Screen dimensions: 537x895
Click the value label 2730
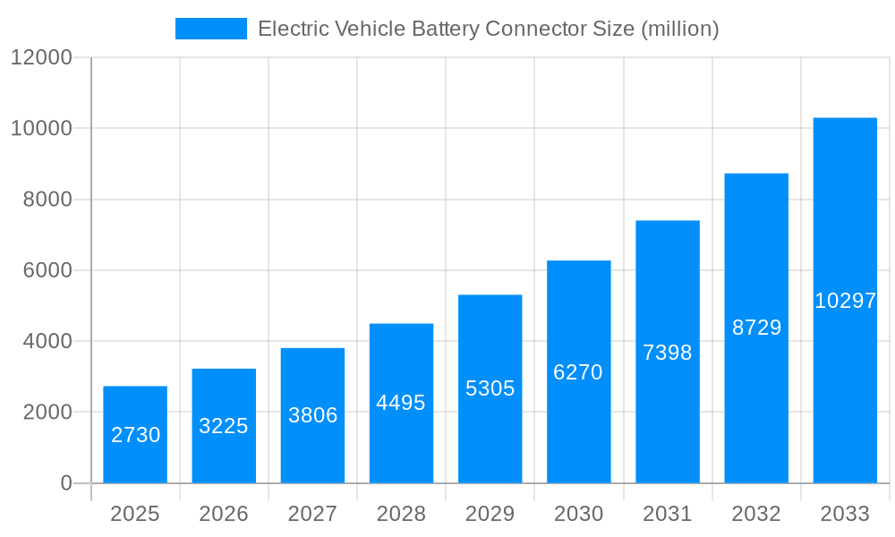click(135, 435)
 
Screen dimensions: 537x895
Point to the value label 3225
click(224, 426)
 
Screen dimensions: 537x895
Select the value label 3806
click(312, 415)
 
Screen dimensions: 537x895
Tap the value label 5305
click(490, 388)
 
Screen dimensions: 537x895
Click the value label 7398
click(668, 353)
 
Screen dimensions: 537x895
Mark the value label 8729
click(756, 328)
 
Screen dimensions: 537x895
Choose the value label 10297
click(845, 301)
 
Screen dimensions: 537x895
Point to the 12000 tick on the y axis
click(40, 58)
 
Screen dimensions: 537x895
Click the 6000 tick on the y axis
click(47, 270)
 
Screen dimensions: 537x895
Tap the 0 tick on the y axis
click(65, 483)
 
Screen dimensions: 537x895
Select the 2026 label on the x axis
click(224, 514)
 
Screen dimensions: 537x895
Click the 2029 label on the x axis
click(490, 514)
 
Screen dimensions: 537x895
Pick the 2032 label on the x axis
click(756, 514)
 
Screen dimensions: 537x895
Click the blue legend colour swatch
click(210, 29)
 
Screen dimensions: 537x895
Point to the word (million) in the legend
click(680, 29)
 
